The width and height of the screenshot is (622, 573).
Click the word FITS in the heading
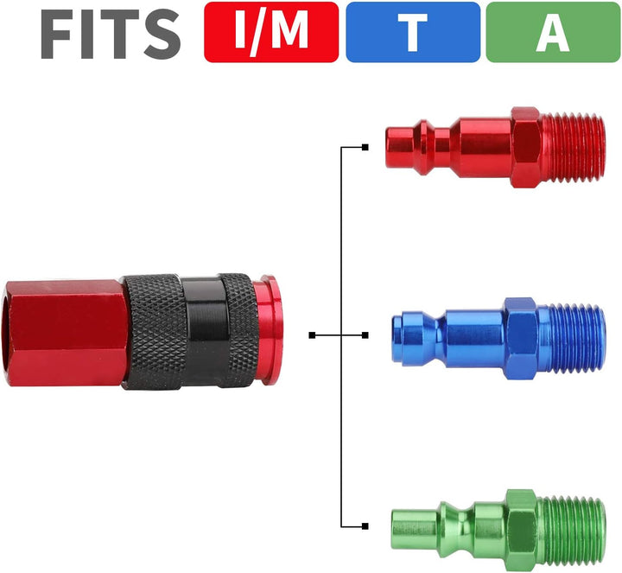[x=111, y=34]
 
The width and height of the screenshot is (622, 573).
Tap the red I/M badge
[x=271, y=32]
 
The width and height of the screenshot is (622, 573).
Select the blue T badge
[x=413, y=32]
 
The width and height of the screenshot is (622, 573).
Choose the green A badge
[x=554, y=32]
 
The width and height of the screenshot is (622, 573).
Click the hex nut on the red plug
[x=526, y=147]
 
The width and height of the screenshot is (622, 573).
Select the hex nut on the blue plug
[x=522, y=339]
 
